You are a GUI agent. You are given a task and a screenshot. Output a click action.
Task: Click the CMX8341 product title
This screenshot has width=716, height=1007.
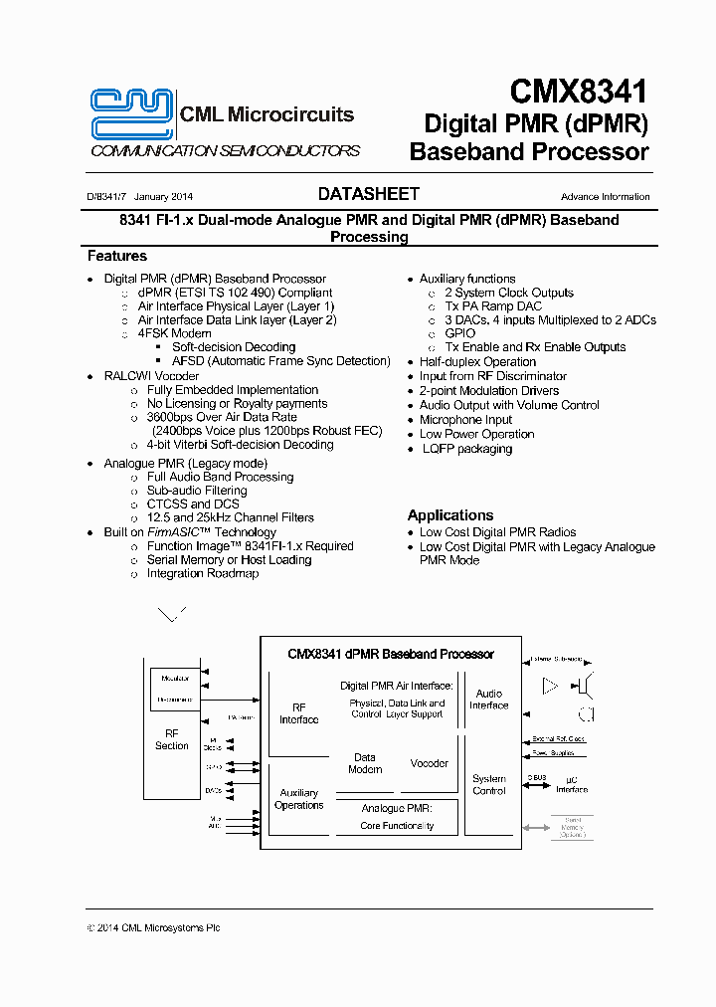[579, 93]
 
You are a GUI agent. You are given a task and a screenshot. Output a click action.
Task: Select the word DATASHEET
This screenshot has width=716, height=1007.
[369, 194]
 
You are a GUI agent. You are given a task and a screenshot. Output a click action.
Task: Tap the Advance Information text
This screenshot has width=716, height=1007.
[605, 197]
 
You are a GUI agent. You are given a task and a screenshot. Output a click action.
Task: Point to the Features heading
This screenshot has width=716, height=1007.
[117, 256]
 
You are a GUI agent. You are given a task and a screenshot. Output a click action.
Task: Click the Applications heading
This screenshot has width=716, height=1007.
[450, 515]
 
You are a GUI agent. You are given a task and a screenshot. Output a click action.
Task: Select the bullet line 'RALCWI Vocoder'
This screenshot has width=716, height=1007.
[151, 376]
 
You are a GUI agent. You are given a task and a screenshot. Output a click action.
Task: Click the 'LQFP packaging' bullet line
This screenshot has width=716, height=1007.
[465, 449]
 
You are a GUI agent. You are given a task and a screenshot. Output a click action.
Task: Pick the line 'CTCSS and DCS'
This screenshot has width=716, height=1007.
[193, 504]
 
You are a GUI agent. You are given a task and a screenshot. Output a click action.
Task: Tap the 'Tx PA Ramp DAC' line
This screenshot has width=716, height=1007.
[493, 306]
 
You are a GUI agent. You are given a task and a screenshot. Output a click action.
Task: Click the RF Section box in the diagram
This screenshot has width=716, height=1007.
[171, 739]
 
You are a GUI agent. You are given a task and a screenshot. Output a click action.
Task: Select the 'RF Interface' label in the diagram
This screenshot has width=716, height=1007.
[298, 713]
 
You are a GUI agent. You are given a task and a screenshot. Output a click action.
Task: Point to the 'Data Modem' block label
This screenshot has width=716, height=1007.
[365, 763]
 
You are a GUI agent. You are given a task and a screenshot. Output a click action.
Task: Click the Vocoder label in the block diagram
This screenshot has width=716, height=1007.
[430, 763]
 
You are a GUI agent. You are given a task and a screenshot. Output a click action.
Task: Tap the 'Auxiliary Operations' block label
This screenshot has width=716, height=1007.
[298, 799]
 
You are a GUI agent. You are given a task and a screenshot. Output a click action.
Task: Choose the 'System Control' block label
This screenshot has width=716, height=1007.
[489, 785]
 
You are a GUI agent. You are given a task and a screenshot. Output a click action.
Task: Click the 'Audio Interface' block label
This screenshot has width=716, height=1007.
[489, 700]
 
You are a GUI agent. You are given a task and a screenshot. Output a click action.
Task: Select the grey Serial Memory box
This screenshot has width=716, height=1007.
[572, 827]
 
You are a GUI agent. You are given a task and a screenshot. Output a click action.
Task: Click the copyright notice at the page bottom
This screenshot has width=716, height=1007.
[153, 927]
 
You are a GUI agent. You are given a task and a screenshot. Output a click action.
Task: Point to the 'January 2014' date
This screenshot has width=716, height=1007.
[163, 197]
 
